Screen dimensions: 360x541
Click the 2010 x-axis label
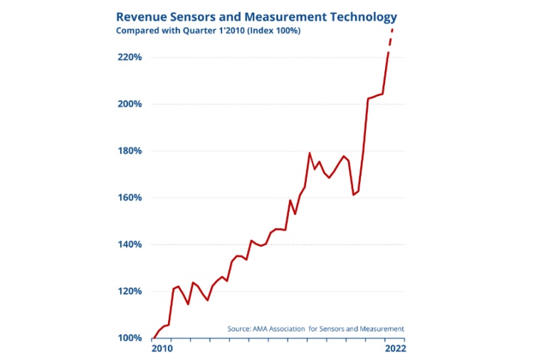click(162, 349)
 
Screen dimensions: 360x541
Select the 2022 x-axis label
click(394, 349)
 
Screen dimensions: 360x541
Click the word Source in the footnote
click(238, 329)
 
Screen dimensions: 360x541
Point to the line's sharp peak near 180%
click(310, 153)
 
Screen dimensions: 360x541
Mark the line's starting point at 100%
click(153, 338)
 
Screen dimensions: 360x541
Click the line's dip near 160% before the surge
click(354, 194)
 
